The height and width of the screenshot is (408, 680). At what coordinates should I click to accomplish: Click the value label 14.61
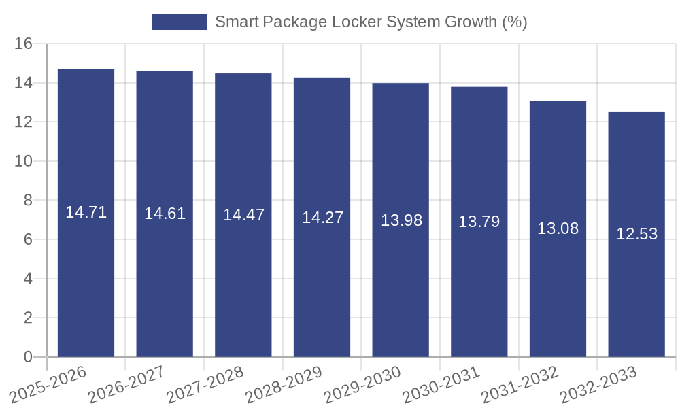tap(165, 214)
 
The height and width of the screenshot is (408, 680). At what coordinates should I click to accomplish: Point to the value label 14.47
tap(243, 215)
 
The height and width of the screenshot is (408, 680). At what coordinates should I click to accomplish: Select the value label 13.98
tap(401, 220)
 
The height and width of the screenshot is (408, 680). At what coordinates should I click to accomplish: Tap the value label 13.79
tap(479, 222)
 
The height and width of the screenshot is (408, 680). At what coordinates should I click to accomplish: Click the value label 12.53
tap(636, 234)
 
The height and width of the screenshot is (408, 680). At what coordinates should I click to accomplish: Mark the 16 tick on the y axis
tap(24, 44)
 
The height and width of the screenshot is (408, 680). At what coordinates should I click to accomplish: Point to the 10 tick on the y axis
tap(24, 161)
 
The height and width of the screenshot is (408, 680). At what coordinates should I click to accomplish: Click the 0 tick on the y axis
tap(28, 357)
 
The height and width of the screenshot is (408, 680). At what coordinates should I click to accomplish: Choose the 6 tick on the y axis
tap(28, 239)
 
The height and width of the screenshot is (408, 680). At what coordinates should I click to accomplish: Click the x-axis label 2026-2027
tap(127, 385)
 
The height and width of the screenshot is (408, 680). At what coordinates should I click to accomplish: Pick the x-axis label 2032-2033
tap(599, 385)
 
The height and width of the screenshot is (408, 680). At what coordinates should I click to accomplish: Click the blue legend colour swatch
tap(179, 22)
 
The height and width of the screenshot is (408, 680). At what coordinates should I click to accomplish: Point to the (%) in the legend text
tap(514, 22)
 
